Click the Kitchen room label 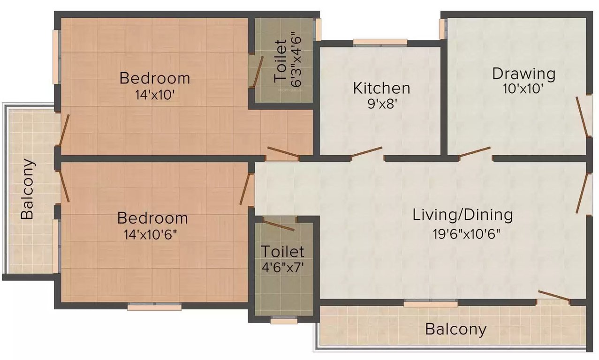click(381, 88)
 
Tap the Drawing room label click(523, 74)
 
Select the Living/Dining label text click(462, 215)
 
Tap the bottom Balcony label click(455, 329)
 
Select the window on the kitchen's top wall click(380, 43)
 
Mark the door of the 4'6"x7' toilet click(279, 225)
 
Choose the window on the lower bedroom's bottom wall click(154, 307)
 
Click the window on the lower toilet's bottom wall click(284, 321)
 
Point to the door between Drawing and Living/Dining click(475, 152)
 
